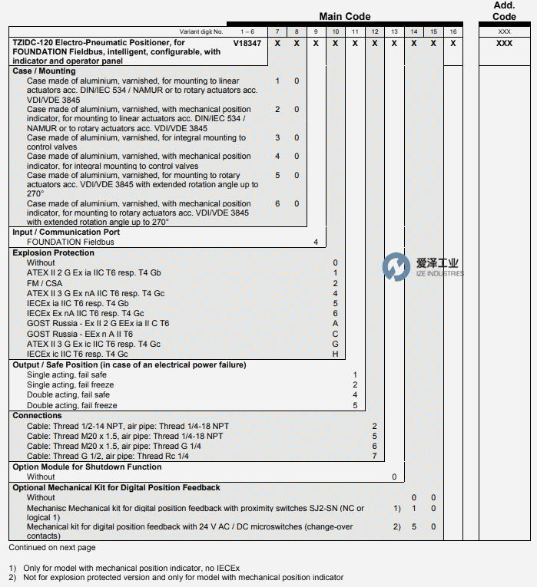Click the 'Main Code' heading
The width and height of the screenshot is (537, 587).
(x=345, y=16)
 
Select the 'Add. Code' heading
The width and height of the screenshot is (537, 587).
(x=504, y=11)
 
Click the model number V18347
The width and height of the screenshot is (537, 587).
(x=247, y=44)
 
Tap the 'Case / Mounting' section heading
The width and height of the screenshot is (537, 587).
(x=44, y=71)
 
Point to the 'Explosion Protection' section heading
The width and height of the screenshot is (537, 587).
(x=53, y=252)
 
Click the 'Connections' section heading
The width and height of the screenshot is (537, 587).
(x=38, y=415)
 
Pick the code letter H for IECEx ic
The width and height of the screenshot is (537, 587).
(x=335, y=354)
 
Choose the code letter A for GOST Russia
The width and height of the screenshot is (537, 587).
(x=335, y=324)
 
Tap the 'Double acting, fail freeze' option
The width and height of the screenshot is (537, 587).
(x=72, y=405)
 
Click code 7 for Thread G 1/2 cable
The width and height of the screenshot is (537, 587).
(x=374, y=456)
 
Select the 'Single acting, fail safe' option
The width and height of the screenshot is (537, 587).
(x=67, y=374)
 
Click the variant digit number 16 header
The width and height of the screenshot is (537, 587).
(x=453, y=31)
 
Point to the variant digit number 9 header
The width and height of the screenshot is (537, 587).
(x=316, y=31)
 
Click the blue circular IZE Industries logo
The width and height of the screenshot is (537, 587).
(x=396, y=267)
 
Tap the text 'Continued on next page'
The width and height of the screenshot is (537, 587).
(x=52, y=548)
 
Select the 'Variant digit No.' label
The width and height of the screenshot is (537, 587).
(x=201, y=32)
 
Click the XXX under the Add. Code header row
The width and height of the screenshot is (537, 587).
(x=504, y=44)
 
